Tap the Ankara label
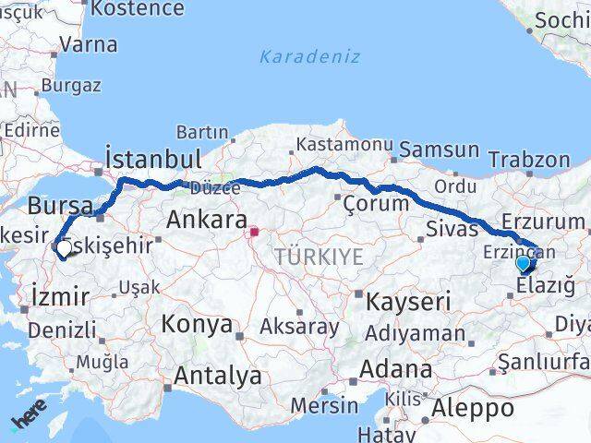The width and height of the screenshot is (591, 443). click(x=207, y=221)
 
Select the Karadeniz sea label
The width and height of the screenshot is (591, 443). click(x=296, y=56)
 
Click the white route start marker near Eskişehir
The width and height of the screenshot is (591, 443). click(x=64, y=247)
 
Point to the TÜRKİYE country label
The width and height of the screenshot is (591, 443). click(x=319, y=257)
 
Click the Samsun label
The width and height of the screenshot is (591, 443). click(x=440, y=150)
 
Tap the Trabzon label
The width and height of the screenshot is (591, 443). click(x=529, y=159)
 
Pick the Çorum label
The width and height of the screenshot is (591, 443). click(x=376, y=203)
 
